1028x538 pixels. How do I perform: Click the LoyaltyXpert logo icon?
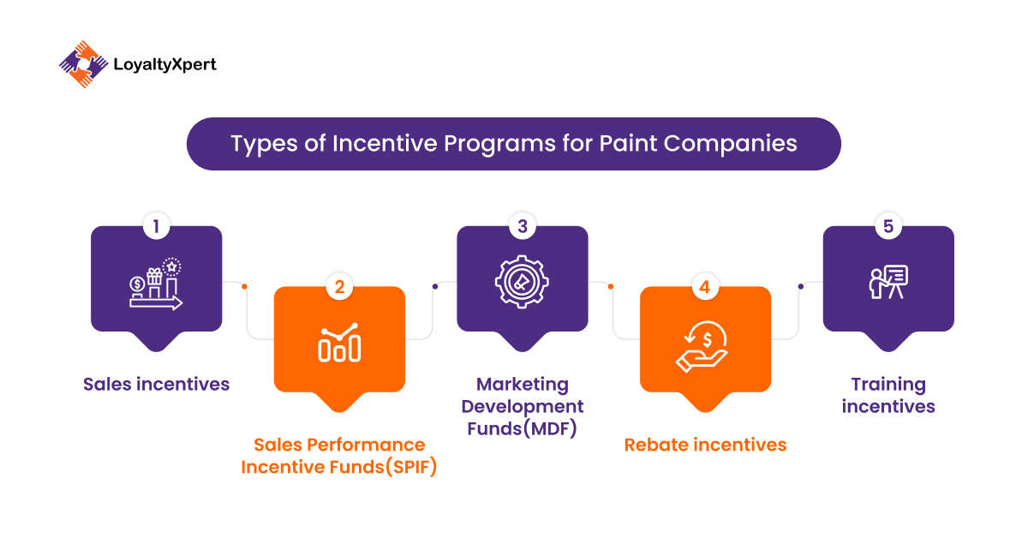point(84,64)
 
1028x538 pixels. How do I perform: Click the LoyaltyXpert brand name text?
point(164,65)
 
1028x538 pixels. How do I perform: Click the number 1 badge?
point(156,226)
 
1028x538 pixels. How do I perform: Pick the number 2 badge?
point(339,287)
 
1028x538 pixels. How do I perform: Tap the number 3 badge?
point(523,226)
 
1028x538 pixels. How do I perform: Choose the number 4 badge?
point(705,287)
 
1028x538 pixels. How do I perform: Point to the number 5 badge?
point(888,226)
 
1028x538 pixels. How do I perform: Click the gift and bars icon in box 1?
point(156,284)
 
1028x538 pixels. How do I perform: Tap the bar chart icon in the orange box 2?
point(339,343)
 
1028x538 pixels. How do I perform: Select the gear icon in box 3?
point(522,282)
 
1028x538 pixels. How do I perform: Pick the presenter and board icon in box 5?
point(888,282)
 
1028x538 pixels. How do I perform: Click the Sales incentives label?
point(156,384)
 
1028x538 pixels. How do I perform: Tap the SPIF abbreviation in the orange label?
point(411,467)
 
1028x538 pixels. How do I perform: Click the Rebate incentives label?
point(705,445)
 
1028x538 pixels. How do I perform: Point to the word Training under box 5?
point(888,385)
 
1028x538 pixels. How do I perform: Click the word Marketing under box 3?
point(523,385)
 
